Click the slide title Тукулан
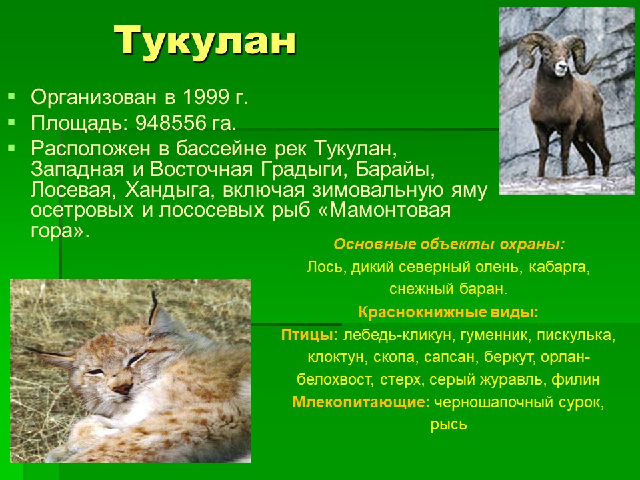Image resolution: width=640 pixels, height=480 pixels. tap(205, 40)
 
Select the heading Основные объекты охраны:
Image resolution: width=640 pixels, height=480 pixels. tap(449, 244)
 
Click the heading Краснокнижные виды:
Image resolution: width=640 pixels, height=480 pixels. tap(448, 313)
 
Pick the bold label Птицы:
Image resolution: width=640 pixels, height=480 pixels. tap(309, 335)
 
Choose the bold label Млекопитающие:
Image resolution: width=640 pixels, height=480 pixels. tap(361, 403)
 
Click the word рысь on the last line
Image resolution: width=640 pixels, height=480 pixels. tap(448, 425)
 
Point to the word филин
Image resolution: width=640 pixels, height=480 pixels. tap(575, 379)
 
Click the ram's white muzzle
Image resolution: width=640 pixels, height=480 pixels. tap(561, 69)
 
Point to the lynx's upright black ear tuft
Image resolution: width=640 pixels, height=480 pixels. tap(153, 307)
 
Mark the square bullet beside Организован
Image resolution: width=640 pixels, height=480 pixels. tap(11, 97)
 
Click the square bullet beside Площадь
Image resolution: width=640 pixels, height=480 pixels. tap(11, 122)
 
